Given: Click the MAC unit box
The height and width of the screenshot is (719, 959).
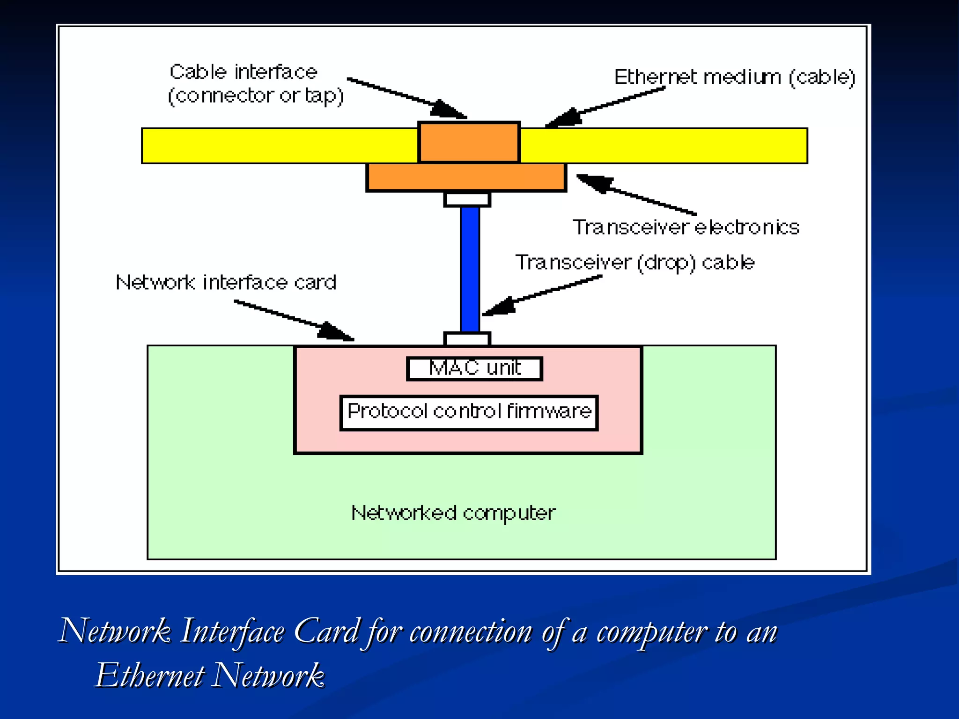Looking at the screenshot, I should pyautogui.click(x=474, y=369).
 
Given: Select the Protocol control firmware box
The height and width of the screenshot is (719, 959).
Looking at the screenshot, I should pyautogui.click(x=469, y=412).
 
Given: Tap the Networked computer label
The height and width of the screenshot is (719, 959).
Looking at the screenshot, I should pyautogui.click(x=453, y=514).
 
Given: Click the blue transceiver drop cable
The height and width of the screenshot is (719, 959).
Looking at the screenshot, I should pyautogui.click(x=470, y=269).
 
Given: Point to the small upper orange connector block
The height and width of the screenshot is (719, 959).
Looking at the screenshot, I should pyautogui.click(x=469, y=142).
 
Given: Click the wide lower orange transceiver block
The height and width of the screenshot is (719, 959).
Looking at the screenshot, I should pyautogui.click(x=466, y=177).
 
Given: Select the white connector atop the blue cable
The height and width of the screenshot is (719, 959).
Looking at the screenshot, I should pyautogui.click(x=467, y=199).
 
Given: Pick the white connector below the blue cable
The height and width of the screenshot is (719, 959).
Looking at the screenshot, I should pyautogui.click(x=467, y=339).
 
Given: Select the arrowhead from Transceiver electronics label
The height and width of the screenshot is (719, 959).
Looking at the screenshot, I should pyautogui.click(x=594, y=183).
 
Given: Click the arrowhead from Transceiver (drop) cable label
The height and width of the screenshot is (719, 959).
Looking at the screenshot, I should pyautogui.click(x=498, y=307).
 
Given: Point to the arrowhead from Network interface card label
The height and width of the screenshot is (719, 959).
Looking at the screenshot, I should pyautogui.click(x=336, y=332).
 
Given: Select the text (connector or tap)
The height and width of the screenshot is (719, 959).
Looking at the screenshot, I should pyautogui.click(x=256, y=96).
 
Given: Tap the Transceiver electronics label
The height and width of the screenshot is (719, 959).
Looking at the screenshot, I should pyautogui.click(x=686, y=227).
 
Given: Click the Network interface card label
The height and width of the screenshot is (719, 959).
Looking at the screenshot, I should pyautogui.click(x=226, y=282).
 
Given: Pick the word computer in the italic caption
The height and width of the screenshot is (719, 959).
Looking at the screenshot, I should pyautogui.click(x=651, y=632).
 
